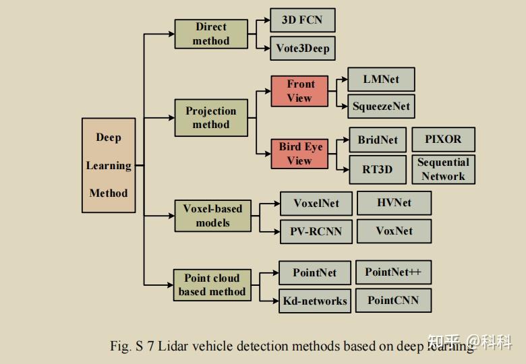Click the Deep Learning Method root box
click(109, 165)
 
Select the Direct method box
click(211, 34)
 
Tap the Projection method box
click(211, 118)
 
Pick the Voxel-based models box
click(212, 216)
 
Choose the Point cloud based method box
click(212, 285)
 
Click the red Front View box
click(300, 91)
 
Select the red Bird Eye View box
click(299, 154)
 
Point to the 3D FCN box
click(302, 20)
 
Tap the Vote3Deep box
click(302, 48)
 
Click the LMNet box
click(381, 80)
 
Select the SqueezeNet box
click(381, 106)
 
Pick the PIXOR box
click(443, 140)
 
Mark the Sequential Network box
click(443, 169)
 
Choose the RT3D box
click(377, 169)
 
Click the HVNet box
click(394, 203)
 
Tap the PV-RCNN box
click(316, 231)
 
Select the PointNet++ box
click(393, 272)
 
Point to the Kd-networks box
click(315, 301)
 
